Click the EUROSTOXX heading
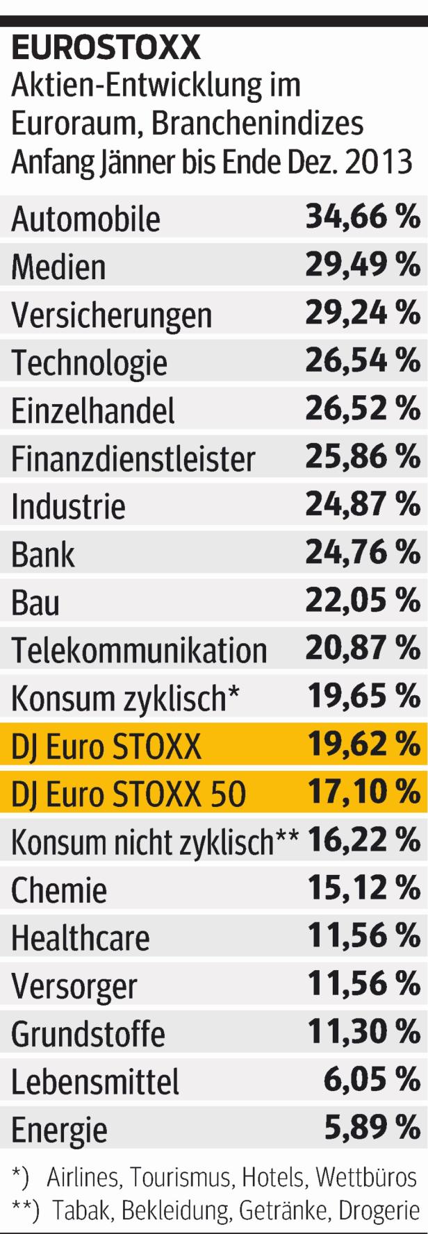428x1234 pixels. [106, 49]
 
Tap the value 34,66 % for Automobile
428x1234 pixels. [363, 217]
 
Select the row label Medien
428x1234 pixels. [58, 267]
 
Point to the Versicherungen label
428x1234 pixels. [111, 315]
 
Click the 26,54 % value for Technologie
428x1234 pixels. [363, 361]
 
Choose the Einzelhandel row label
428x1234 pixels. [93, 410]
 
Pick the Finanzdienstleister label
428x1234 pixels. [133, 458]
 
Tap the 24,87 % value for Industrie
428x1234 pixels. [363, 505]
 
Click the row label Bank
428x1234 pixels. [43, 554]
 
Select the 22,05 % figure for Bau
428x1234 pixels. [363, 601]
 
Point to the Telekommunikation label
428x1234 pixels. [139, 650]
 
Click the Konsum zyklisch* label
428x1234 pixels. [125, 699]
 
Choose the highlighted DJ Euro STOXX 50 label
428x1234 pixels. [129, 794]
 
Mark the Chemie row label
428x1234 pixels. [59, 890]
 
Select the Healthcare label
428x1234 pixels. [80, 938]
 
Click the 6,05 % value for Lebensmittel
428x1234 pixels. [372, 1080]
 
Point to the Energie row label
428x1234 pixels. [59, 1130]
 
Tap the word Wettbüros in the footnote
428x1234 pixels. [366, 1177]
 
